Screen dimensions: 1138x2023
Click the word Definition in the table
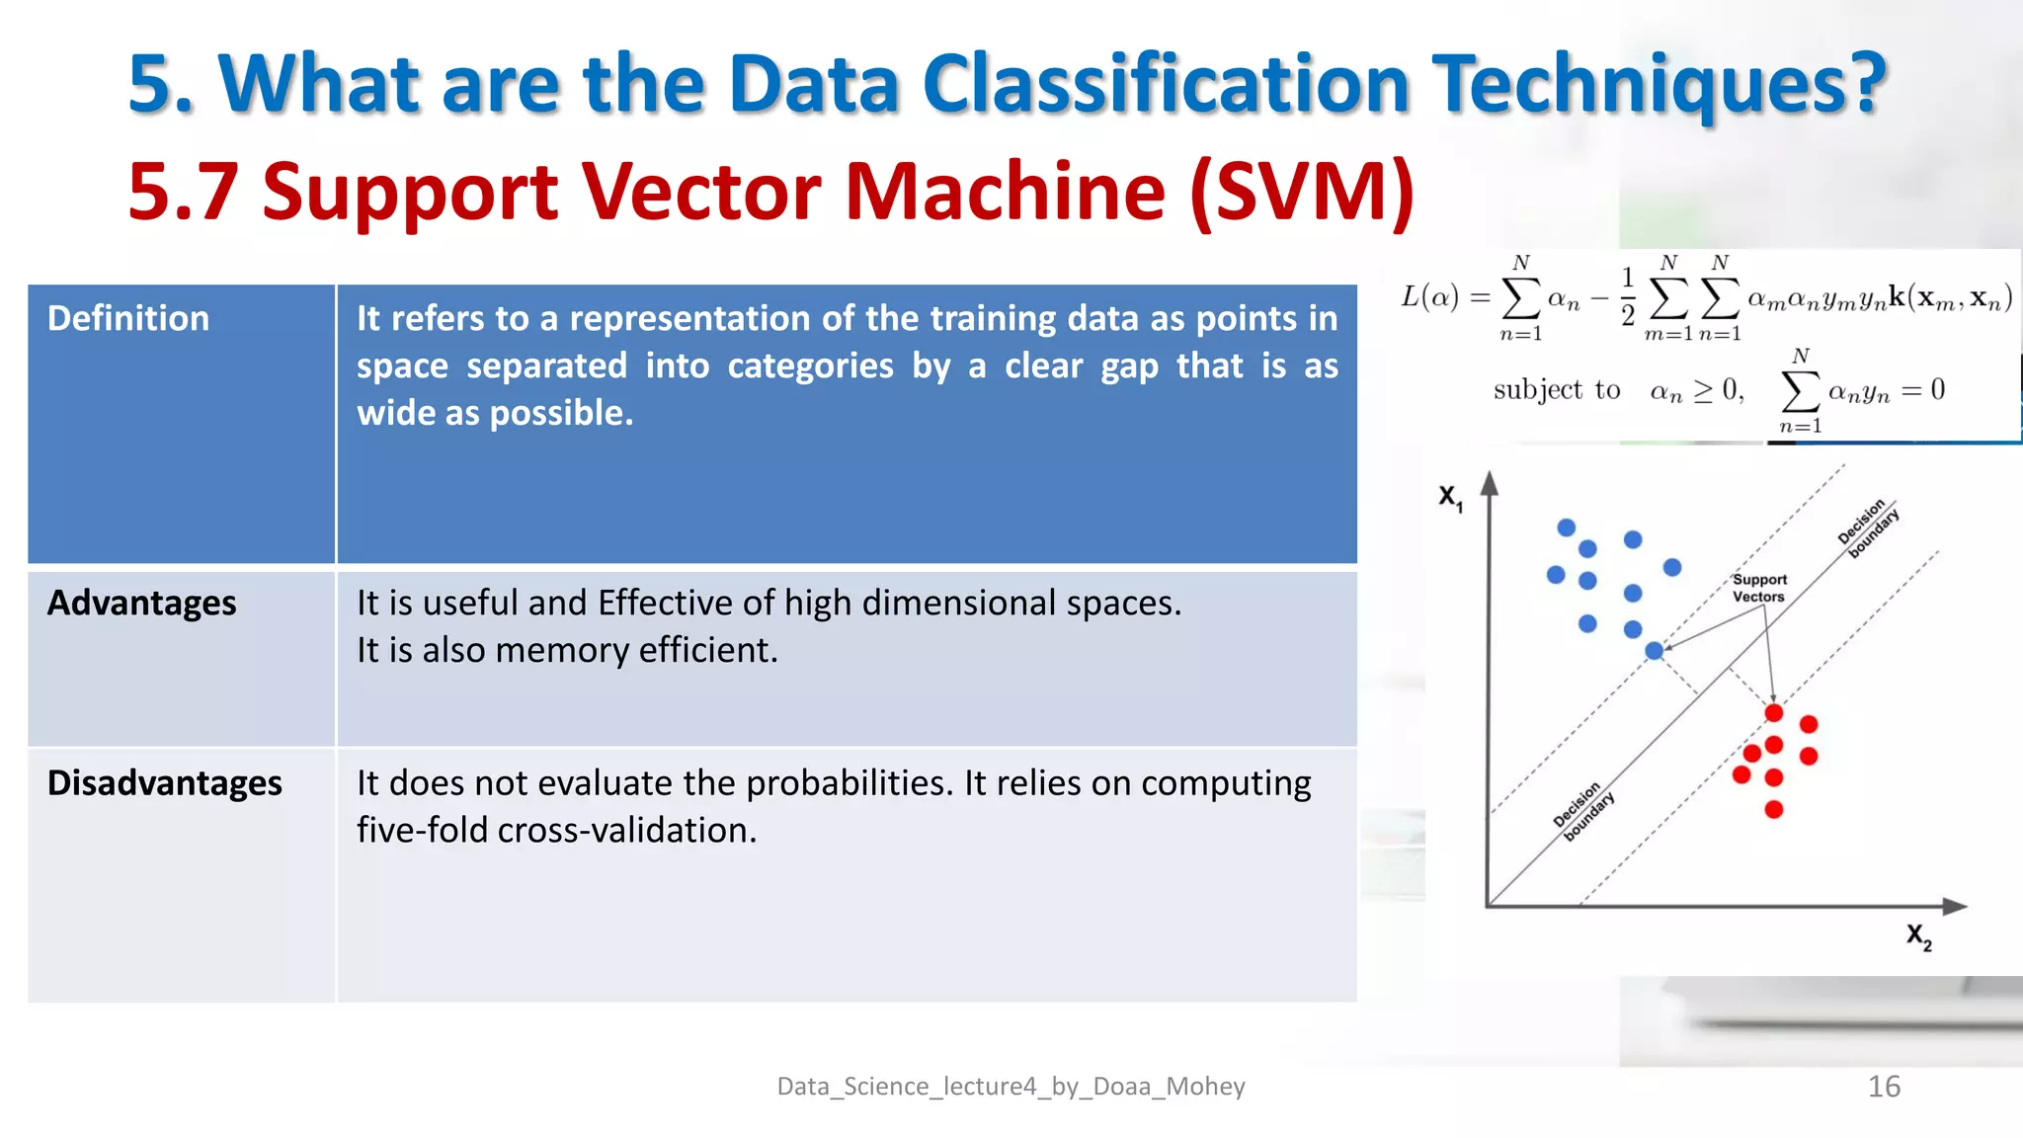(x=128, y=319)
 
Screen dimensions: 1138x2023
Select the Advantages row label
(x=142, y=603)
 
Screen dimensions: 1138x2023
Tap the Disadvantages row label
(x=165, y=783)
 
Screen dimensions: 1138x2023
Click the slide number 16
(x=1884, y=1087)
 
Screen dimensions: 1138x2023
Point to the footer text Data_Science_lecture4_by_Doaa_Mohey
(x=1011, y=1087)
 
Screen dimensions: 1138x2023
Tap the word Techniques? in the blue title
(x=1659, y=85)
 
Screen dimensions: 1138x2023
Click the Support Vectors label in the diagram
(x=1759, y=588)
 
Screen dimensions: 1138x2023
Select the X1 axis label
(x=1450, y=497)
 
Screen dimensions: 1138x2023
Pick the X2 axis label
(x=1918, y=935)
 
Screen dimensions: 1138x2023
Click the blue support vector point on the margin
(x=1655, y=650)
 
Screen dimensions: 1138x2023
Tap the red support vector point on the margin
(x=1774, y=712)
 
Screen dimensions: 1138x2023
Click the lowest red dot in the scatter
(x=1774, y=810)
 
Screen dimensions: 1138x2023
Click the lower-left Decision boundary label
(x=1583, y=811)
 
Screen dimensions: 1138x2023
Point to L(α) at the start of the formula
(x=1429, y=296)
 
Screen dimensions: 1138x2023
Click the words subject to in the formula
(x=1557, y=390)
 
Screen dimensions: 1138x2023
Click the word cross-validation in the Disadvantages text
(x=626, y=831)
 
